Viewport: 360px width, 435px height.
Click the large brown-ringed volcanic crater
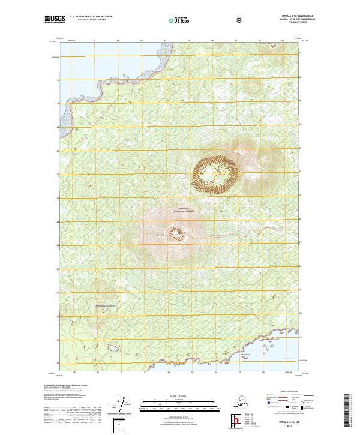pos(215,174)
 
